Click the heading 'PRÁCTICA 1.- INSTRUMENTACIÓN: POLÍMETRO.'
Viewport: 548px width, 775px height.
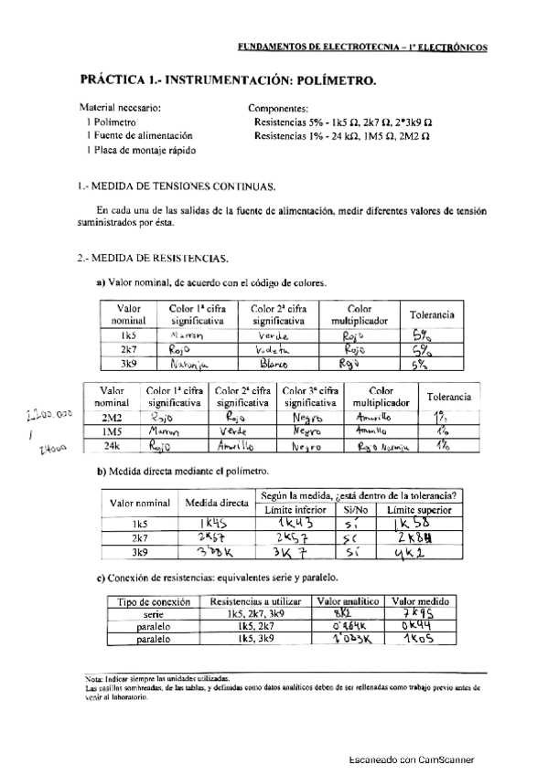pyautogui.click(x=228, y=80)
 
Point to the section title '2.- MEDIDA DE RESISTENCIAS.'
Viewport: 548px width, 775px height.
pyautogui.click(x=153, y=258)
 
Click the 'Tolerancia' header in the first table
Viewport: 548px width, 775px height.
pyautogui.click(x=432, y=314)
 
